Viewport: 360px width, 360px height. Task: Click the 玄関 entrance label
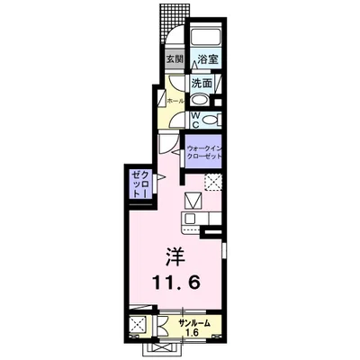(x=175, y=60)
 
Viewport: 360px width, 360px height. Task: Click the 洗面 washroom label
(x=202, y=84)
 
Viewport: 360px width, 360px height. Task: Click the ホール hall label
(x=175, y=102)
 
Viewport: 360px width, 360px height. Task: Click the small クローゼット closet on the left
(x=138, y=184)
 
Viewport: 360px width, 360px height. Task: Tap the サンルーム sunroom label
(x=194, y=320)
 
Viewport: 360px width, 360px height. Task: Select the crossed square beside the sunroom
(x=139, y=325)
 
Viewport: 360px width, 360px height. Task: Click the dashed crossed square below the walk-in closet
(x=212, y=184)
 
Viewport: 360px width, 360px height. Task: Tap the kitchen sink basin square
(x=193, y=220)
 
